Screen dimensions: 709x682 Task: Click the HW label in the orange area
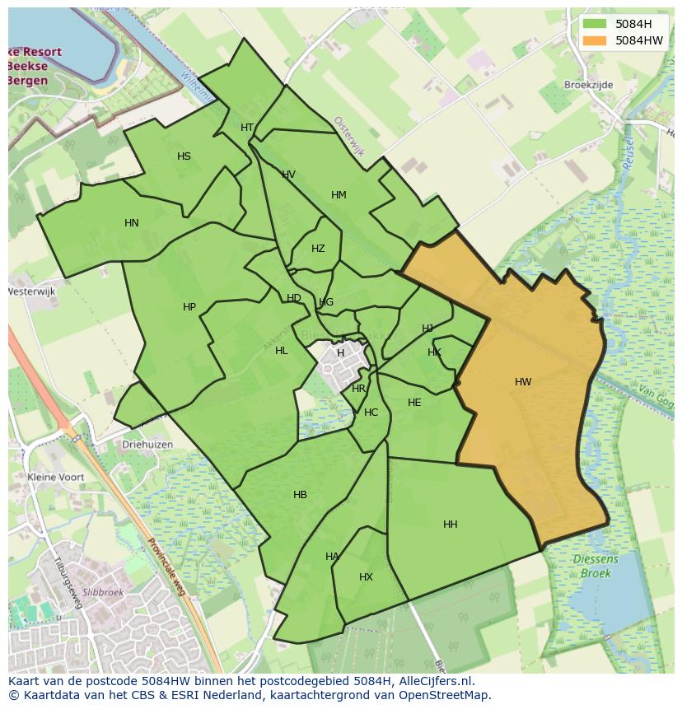523,381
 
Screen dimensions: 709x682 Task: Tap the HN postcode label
132,222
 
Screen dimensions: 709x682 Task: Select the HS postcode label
184,156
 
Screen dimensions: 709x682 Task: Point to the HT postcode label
247,128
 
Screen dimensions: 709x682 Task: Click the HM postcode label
339,195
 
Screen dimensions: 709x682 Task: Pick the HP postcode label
189,307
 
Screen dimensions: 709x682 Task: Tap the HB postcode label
300,495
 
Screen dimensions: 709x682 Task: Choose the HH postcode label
450,525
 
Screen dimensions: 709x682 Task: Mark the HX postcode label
366,577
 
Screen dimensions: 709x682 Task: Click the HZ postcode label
318,249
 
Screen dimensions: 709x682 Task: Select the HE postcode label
414,403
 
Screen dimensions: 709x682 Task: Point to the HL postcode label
282,351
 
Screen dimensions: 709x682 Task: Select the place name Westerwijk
30,292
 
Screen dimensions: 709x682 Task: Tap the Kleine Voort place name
56,477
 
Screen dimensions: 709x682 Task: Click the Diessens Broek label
595,566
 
